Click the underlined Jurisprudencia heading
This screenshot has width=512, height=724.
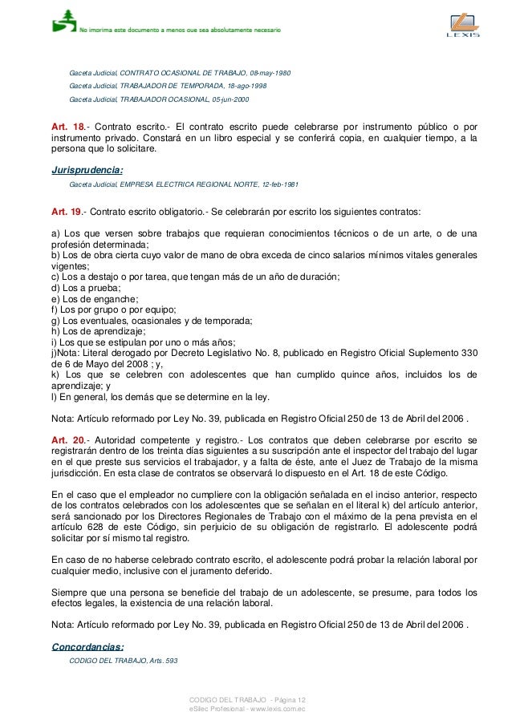(x=86, y=170)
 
